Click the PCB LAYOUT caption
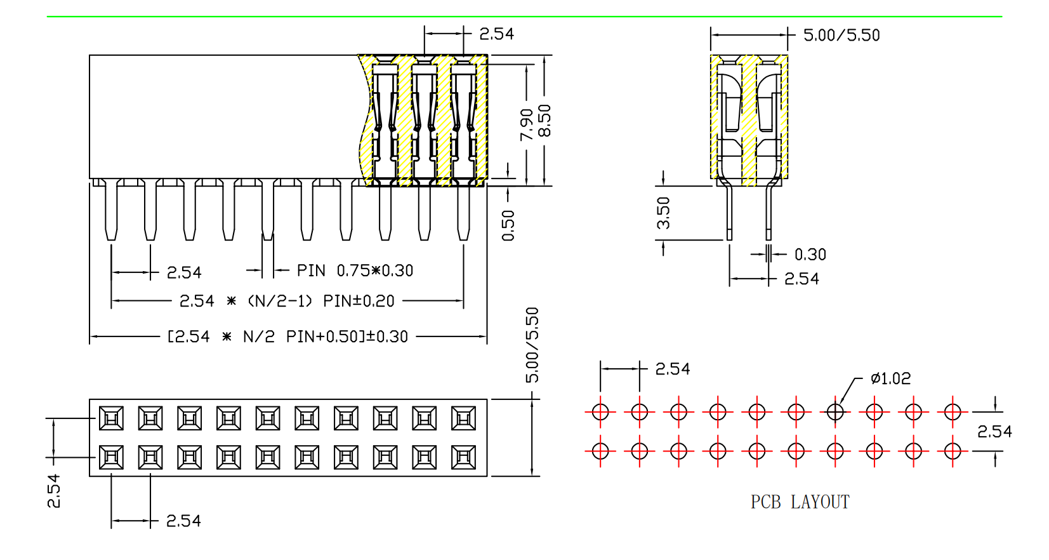800,502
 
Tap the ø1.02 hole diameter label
890,379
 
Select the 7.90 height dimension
526,124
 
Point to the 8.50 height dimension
544,121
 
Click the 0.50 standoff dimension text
508,225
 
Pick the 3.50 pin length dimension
663,213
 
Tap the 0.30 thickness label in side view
810,255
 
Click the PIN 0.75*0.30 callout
355,270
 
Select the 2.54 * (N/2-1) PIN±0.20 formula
287,301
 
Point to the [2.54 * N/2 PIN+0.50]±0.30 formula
287,337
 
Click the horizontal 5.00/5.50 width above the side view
841,35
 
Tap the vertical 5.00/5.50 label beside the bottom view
532,345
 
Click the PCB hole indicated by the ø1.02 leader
835,412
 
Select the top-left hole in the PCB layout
600,412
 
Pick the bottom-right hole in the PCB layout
953,451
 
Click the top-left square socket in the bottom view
111,418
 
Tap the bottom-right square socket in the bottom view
463,457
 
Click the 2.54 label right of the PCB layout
994,432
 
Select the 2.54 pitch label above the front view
496,34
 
